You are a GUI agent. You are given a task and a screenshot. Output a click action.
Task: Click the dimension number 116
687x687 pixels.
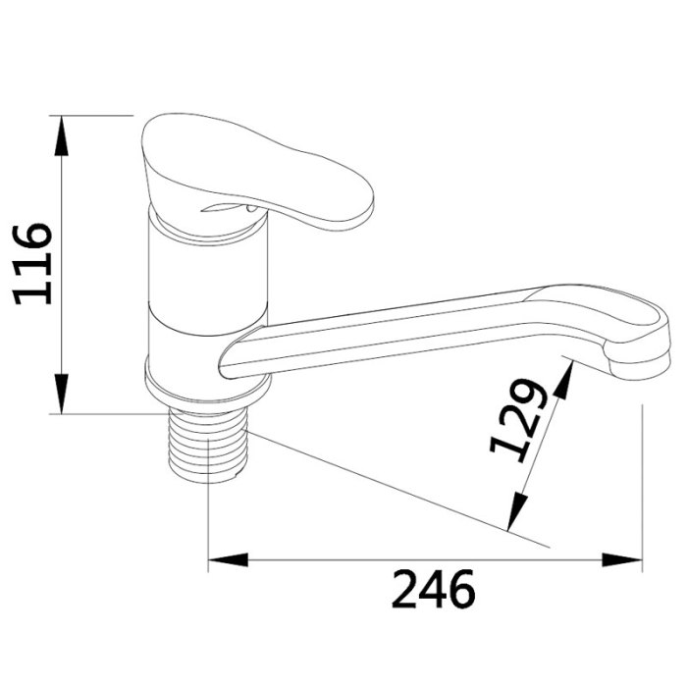(33, 264)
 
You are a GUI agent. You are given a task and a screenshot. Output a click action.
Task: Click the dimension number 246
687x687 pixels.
(434, 589)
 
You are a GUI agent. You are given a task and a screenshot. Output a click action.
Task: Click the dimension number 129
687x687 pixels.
(519, 421)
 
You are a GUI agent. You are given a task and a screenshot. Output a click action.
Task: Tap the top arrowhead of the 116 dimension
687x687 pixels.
(62, 135)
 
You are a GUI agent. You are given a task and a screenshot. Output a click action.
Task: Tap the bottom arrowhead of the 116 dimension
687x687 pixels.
(62, 394)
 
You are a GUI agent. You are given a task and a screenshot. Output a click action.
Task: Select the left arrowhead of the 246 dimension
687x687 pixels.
(229, 559)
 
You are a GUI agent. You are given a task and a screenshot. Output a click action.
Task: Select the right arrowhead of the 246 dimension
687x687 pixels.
(621, 559)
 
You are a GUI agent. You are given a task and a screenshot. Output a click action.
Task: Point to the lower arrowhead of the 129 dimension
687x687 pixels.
(516, 511)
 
